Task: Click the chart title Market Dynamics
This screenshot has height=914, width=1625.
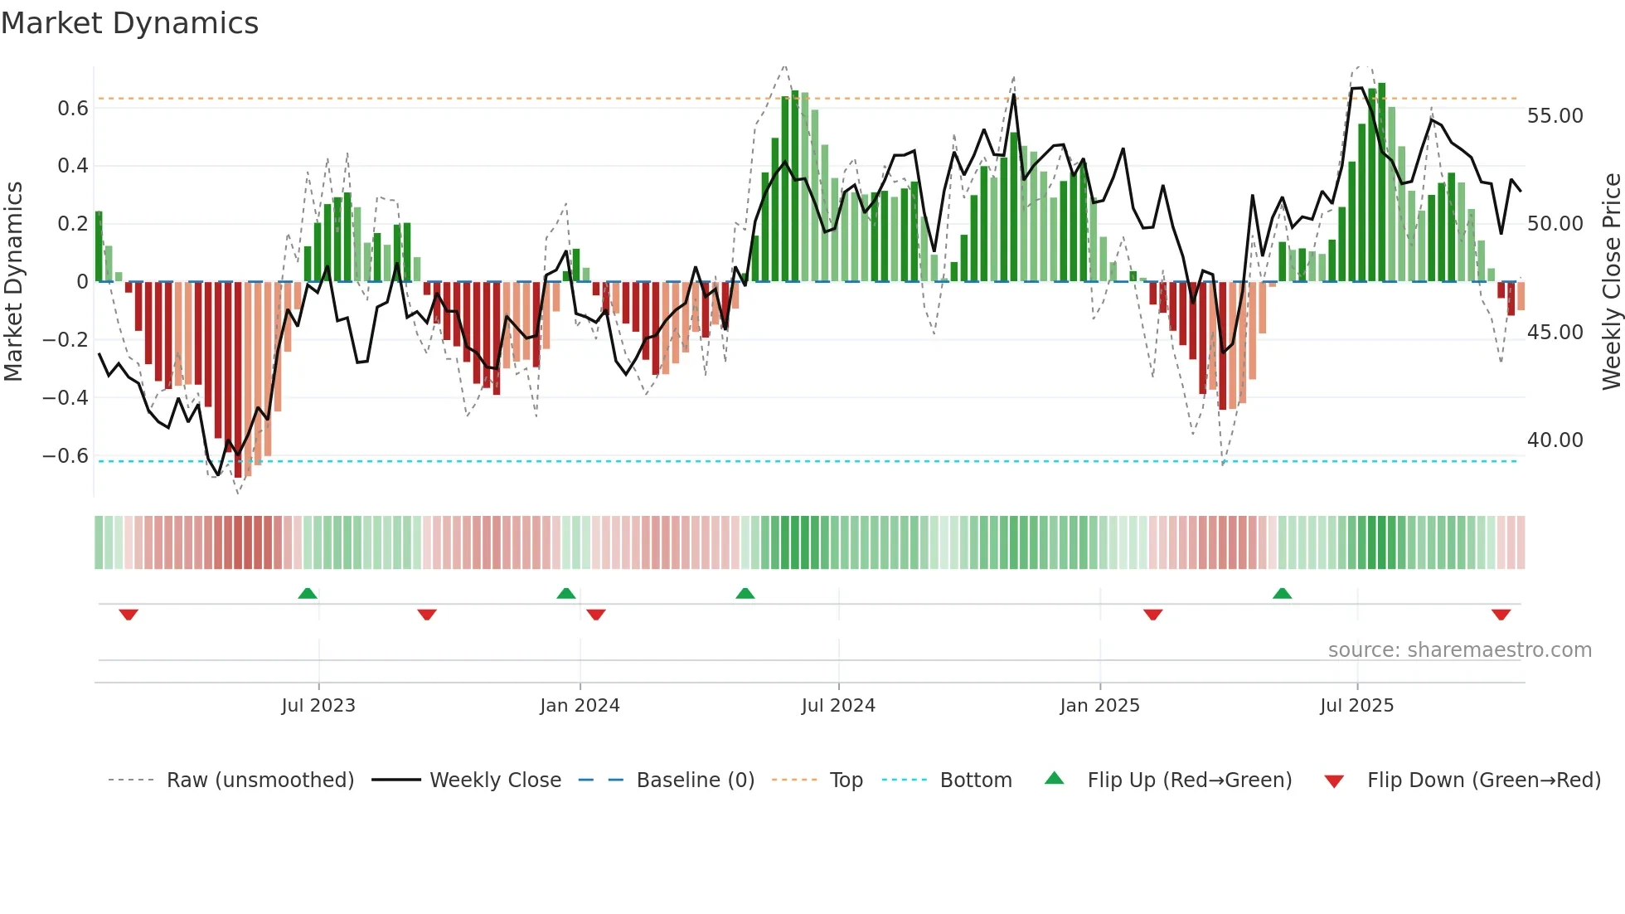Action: (x=129, y=23)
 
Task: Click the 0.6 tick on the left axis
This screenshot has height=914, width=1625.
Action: (x=73, y=109)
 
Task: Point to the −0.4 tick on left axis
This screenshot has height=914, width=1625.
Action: (x=65, y=397)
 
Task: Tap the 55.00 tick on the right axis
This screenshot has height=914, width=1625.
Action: (x=1555, y=116)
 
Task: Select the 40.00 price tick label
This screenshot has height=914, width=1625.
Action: (x=1555, y=440)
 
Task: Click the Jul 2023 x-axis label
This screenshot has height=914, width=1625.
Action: (x=318, y=706)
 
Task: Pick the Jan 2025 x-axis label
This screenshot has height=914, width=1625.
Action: (x=1099, y=706)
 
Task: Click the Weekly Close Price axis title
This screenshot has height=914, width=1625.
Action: (x=1611, y=282)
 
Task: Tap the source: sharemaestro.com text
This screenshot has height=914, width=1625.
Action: (x=1459, y=650)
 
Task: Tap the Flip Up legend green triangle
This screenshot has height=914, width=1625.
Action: (x=1054, y=779)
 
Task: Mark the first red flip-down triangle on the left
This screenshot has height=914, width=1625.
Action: (x=129, y=615)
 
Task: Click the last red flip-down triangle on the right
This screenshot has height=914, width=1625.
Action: (x=1501, y=615)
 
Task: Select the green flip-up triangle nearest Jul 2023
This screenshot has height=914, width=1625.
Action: (x=308, y=593)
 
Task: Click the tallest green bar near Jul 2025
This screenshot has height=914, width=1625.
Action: (x=1381, y=182)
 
